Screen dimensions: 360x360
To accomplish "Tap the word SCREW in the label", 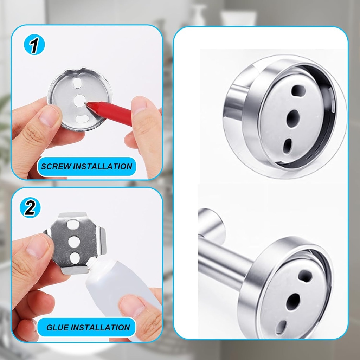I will click(56, 166).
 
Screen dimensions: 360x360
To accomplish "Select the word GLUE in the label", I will click(57, 328).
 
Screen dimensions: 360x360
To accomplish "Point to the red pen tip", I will click(86, 103).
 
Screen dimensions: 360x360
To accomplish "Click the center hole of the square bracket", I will click(74, 242).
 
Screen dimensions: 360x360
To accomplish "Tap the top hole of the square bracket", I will click(73, 224).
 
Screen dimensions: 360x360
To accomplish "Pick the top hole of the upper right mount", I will click(298, 91).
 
